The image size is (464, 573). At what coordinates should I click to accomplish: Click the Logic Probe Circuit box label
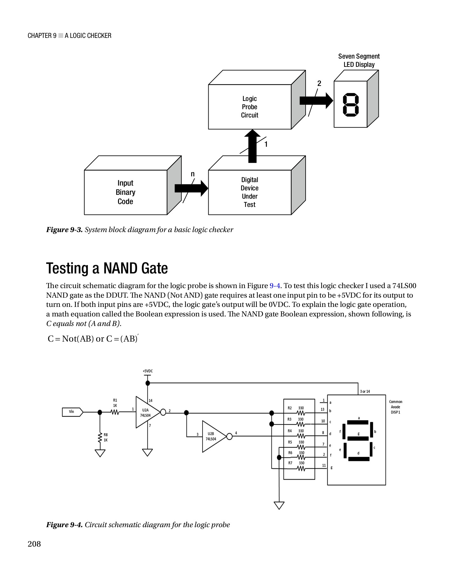[249, 107]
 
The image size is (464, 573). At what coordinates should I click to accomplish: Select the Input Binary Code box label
[125, 192]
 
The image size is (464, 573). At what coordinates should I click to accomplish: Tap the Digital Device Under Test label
[249, 192]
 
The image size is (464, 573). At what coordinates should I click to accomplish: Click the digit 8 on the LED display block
[350, 104]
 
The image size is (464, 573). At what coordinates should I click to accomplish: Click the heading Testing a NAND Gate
[107, 268]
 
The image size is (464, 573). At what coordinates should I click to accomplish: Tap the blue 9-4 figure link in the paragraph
[274, 286]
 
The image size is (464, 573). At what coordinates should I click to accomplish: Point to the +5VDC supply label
[148, 371]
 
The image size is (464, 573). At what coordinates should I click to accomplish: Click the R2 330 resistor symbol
[301, 413]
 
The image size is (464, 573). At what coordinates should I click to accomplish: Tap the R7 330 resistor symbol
[301, 468]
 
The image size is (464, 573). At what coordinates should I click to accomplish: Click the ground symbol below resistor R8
[100, 453]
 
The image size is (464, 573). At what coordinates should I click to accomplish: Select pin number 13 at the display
[322, 410]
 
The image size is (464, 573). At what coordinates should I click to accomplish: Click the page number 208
[34, 544]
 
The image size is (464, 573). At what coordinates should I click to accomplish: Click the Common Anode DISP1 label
[395, 407]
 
